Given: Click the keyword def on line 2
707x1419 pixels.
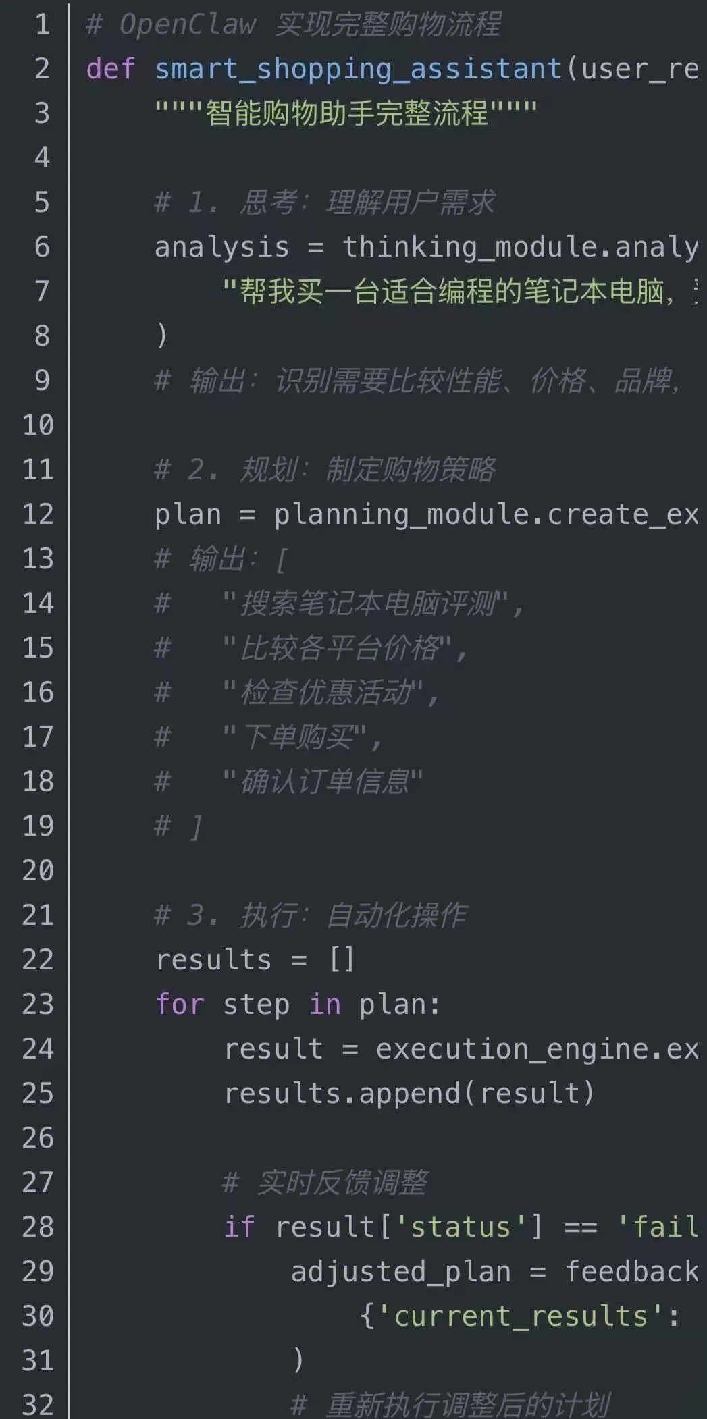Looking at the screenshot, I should coord(111,69).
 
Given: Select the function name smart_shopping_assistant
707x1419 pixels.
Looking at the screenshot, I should coord(358,69).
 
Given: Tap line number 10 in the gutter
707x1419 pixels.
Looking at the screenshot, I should coord(38,425).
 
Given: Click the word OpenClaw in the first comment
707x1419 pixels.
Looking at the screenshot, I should coord(187,24).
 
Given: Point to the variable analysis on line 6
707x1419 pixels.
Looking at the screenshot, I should coord(221,247).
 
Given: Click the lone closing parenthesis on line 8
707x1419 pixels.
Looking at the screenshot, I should coord(161,336).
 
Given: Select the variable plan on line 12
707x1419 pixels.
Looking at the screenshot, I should coord(188,514).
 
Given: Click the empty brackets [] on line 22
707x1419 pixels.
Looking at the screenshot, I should coord(342,959).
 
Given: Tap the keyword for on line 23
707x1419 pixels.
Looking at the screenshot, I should coord(179,1004).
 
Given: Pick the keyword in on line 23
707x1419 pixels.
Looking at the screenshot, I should coord(325,1004).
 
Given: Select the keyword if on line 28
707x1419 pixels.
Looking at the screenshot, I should coord(239,1227).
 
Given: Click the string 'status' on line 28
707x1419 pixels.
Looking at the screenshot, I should coord(460,1227).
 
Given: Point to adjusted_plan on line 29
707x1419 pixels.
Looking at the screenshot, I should coord(400,1271).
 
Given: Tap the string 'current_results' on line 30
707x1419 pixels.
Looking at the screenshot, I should coord(520,1316).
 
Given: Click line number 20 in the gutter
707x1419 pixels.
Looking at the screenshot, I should coord(38,871).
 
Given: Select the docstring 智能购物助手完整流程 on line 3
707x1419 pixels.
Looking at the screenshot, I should coord(346,113).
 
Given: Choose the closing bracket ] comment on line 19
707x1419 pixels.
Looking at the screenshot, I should coord(196,826).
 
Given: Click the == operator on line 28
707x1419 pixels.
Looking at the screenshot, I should coord(580,1227).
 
